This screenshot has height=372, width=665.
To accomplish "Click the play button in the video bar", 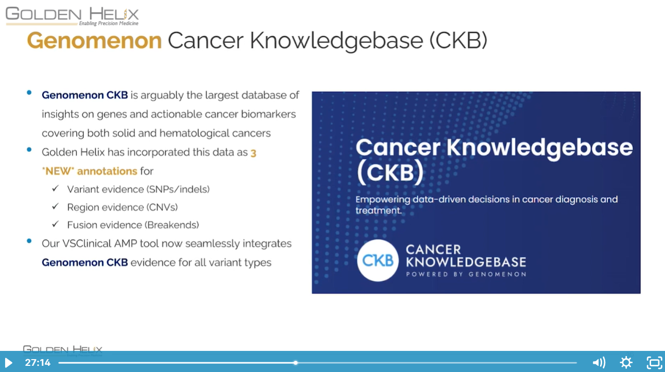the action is point(8,363).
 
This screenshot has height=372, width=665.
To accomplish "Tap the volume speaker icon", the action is point(599,363).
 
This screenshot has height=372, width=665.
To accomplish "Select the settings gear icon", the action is point(626,363).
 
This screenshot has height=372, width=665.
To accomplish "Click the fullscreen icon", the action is point(654,363).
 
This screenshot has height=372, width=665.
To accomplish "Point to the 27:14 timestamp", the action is point(38,363).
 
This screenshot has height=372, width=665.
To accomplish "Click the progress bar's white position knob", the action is point(295,363).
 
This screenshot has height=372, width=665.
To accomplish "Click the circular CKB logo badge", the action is point(378,260).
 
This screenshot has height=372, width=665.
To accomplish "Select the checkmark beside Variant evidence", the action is point(55,188).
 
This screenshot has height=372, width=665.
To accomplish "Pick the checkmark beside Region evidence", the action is point(55,206).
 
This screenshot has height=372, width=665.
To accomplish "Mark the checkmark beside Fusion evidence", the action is point(55,224).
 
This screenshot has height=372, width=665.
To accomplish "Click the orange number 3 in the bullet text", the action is point(253,153).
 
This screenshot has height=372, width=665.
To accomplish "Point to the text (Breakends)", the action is point(172,225).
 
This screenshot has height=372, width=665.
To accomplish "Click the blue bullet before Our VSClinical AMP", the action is point(29,241).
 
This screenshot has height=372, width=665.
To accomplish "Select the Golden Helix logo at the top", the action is point(72,16).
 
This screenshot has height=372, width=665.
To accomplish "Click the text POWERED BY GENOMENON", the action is point(466,274).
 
